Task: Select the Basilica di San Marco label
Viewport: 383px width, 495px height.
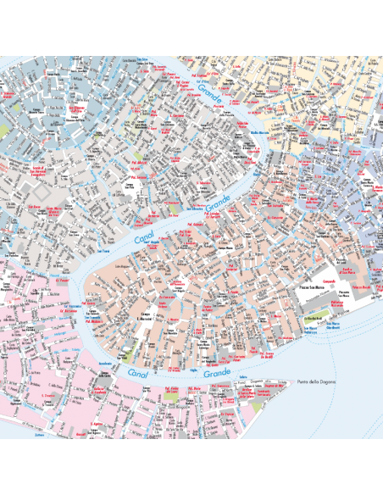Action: point(347,272)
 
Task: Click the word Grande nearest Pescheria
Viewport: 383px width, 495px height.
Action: point(208,94)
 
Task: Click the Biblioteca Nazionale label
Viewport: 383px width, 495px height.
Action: point(335,303)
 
